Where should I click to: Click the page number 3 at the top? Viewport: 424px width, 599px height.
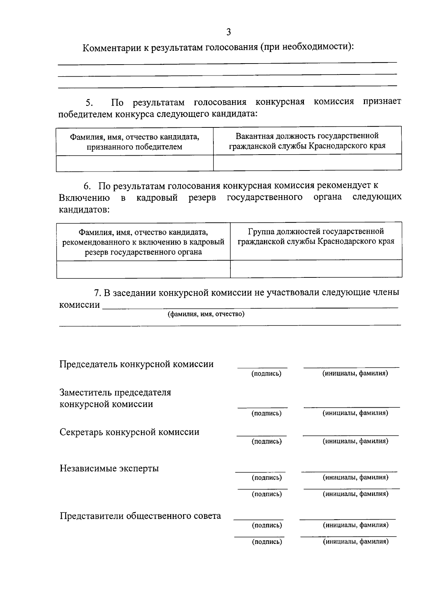(228, 32)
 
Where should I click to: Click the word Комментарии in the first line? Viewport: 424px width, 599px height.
(112, 48)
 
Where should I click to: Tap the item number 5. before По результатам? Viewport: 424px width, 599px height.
(89, 103)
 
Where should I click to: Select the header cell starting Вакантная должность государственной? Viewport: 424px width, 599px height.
(307, 140)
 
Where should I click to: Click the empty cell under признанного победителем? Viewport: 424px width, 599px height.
(135, 163)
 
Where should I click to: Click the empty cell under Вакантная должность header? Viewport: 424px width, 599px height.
(307, 163)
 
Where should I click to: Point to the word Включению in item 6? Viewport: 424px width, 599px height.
(84, 198)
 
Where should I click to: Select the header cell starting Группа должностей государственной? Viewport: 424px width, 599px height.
(316, 236)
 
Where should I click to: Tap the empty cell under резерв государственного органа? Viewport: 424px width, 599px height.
(143, 269)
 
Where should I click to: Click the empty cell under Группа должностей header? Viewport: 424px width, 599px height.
(316, 269)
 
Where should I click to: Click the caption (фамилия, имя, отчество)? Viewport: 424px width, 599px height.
(206, 314)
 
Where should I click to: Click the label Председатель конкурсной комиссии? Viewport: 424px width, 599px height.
(136, 364)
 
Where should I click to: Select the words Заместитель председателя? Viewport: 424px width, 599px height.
(115, 393)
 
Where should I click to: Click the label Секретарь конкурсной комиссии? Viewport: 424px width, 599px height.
(129, 432)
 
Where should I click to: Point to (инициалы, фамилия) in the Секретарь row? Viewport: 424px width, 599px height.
(355, 441)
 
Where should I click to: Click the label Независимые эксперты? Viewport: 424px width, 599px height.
(109, 468)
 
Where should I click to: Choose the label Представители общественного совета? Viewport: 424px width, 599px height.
(140, 516)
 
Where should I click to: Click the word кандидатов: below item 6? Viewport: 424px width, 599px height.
(84, 210)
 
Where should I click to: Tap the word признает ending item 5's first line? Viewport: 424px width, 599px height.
(382, 102)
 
